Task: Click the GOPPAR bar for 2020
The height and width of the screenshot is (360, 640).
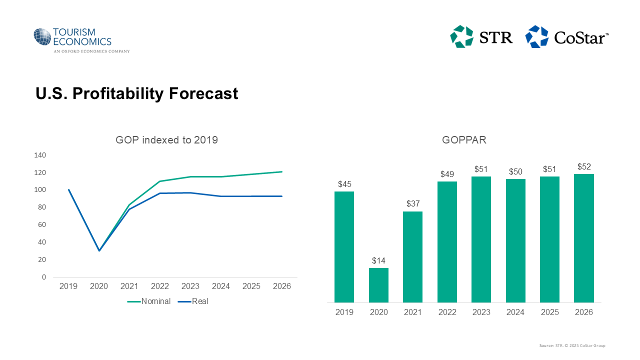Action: tap(378, 285)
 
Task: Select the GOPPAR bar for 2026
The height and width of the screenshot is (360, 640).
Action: tap(584, 238)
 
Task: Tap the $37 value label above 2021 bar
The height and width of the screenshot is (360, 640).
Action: tap(412, 204)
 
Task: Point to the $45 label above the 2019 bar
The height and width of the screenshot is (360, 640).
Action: tap(344, 184)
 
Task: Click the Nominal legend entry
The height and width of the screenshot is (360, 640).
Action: tap(149, 301)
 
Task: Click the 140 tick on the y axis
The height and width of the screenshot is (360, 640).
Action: tap(40, 155)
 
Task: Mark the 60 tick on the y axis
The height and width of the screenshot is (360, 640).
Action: tap(42, 225)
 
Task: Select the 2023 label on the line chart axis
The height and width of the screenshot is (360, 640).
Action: tap(190, 286)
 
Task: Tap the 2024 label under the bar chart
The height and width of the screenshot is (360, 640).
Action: tap(515, 312)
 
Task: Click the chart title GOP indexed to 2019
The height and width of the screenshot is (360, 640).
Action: tap(166, 140)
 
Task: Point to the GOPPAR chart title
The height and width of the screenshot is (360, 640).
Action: tap(464, 140)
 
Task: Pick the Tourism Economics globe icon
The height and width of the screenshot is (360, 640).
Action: tap(42, 37)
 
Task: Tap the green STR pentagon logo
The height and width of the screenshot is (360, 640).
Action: tap(461, 36)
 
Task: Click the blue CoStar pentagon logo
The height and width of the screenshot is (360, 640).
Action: tap(536, 36)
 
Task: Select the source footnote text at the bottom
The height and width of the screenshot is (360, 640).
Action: tap(572, 345)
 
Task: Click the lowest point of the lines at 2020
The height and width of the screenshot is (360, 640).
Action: tap(99, 250)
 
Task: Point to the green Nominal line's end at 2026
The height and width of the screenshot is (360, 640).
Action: tap(282, 172)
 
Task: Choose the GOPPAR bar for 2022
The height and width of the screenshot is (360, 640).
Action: tap(447, 242)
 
